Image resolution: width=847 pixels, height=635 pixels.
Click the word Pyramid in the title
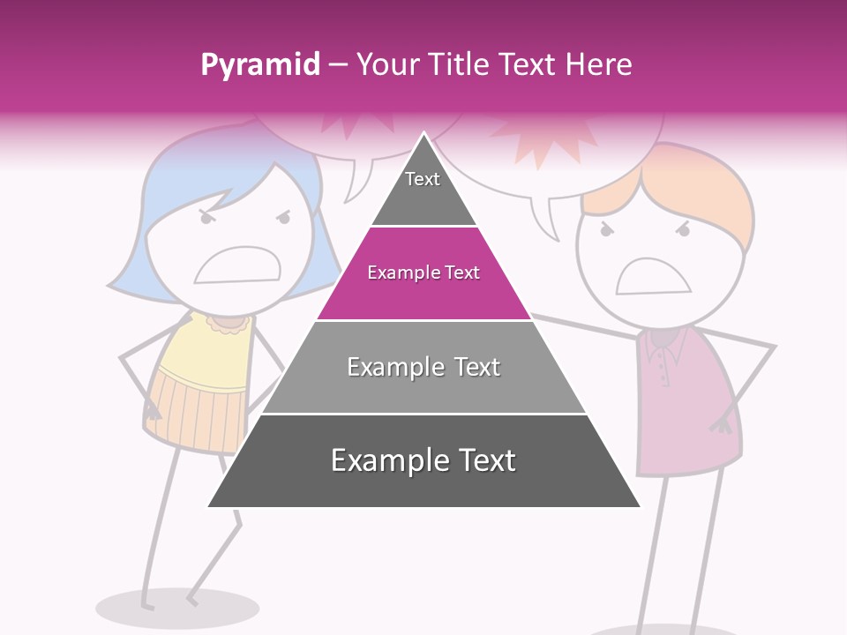259,64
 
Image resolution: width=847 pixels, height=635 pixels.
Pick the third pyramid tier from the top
423,368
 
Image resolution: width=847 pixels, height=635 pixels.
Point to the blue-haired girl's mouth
237,265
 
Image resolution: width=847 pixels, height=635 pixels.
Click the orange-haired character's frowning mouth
653,277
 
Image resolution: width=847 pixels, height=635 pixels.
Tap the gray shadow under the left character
177,608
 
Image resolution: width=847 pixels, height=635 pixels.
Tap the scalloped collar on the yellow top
230,324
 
